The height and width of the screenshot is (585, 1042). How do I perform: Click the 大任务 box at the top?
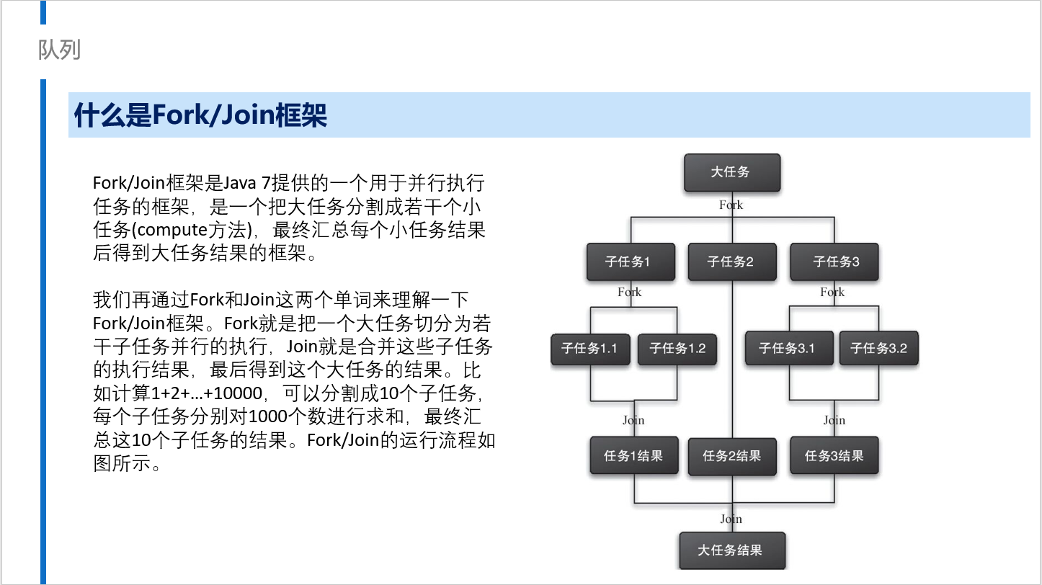tap(732, 172)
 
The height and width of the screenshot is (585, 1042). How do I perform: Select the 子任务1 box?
tap(631, 262)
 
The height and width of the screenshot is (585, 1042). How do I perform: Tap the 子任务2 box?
tap(732, 262)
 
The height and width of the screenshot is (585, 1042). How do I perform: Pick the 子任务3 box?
tap(834, 262)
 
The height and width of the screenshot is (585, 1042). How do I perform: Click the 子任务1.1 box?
tap(590, 348)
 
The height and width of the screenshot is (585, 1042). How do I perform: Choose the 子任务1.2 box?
tap(677, 348)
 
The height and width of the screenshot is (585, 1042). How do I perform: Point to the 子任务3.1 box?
tap(789, 348)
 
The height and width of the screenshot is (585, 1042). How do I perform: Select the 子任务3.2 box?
tap(878, 348)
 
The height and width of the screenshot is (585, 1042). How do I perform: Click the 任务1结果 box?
tap(634, 455)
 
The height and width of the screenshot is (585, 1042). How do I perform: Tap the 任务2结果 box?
tap(732, 456)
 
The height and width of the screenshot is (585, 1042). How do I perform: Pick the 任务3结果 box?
tap(834, 455)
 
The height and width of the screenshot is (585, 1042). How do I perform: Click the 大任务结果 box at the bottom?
tap(732, 550)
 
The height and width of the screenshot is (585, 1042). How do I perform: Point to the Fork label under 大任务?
tap(731, 205)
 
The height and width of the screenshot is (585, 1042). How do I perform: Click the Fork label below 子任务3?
tap(832, 292)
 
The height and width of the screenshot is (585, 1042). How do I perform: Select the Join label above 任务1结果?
tap(633, 421)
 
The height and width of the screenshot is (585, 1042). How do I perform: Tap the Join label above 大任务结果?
tap(731, 519)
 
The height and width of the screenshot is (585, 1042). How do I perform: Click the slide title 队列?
tap(59, 50)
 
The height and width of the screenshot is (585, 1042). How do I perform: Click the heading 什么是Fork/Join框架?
tap(200, 115)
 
